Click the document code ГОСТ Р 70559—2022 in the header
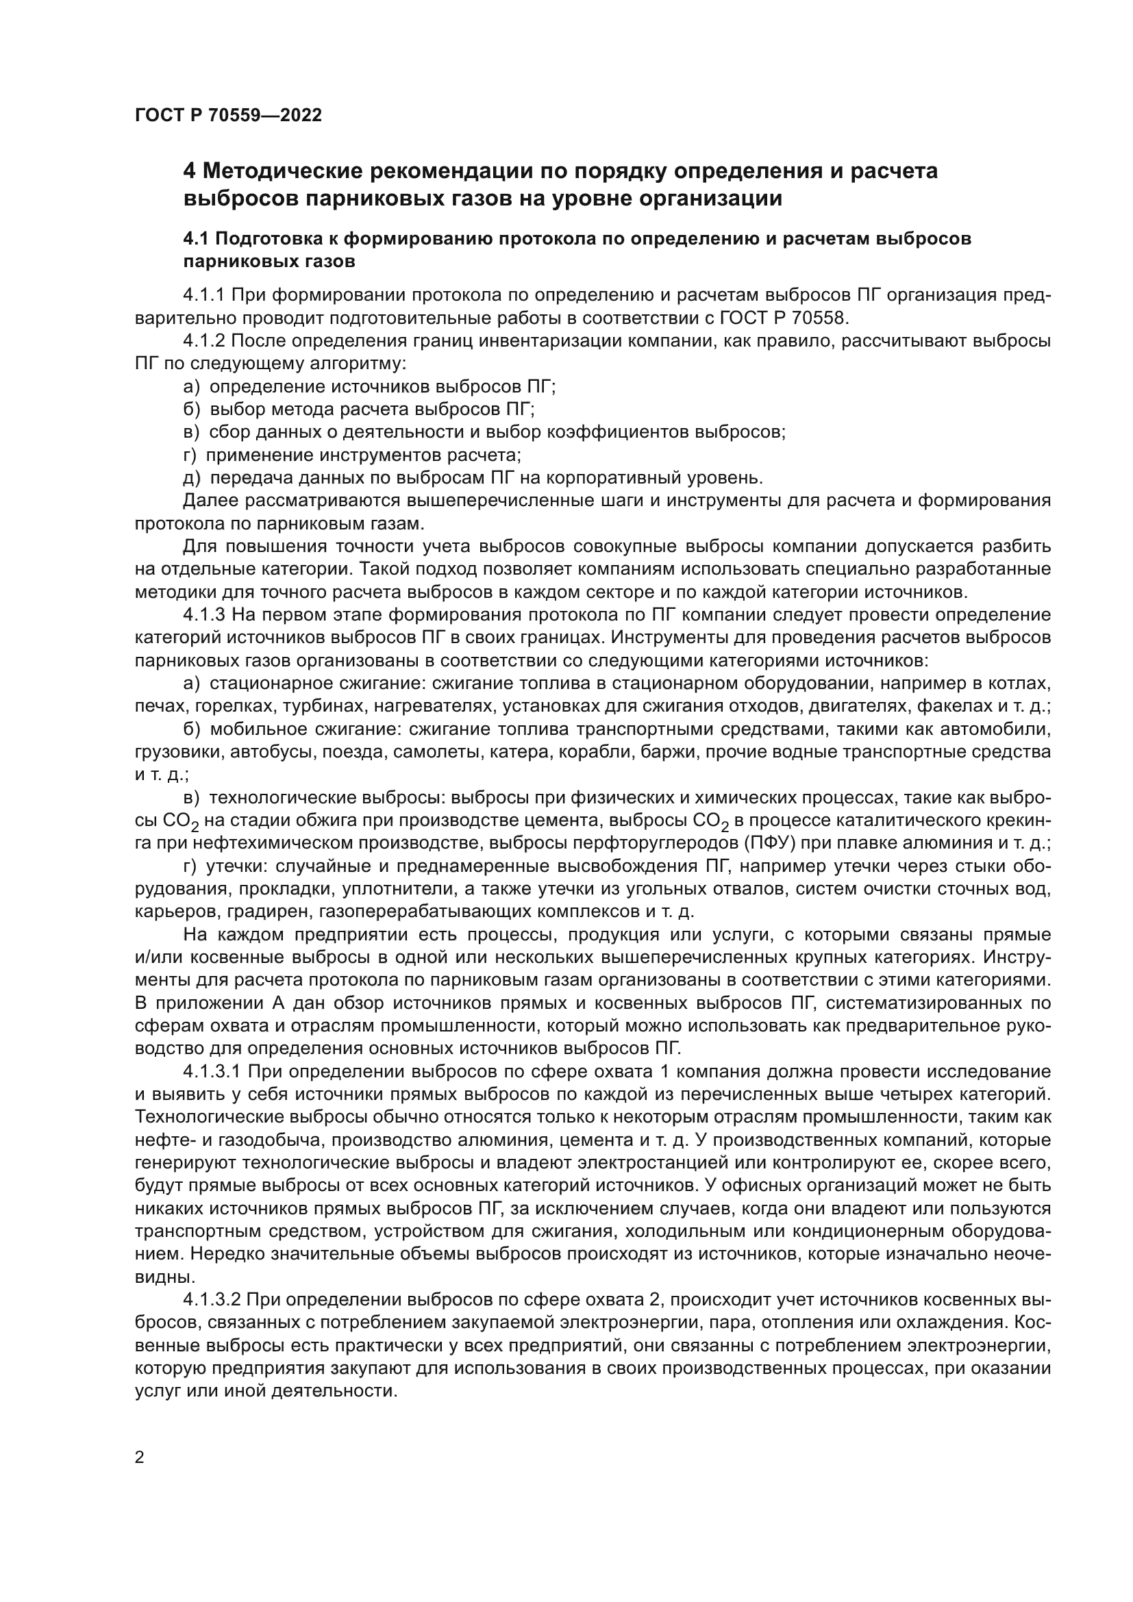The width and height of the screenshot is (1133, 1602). [228, 116]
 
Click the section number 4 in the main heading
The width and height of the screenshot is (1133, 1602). [189, 171]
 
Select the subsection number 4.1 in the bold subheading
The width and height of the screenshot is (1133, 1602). [196, 238]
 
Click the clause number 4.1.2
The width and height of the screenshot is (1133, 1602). [203, 341]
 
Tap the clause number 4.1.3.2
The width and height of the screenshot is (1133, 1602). [212, 1300]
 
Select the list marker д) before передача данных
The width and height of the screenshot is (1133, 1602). [191, 478]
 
